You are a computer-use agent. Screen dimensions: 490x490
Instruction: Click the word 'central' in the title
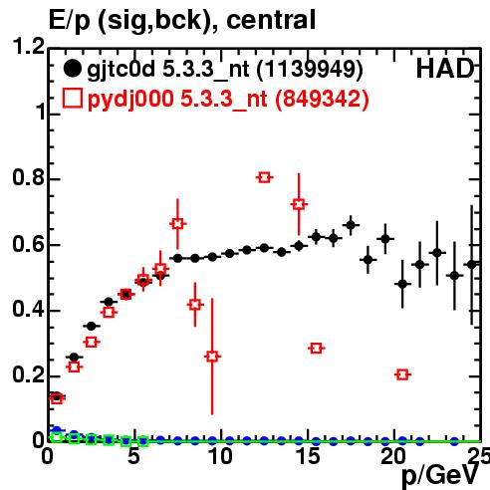click(x=271, y=20)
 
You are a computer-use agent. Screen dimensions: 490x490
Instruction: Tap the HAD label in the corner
click(x=445, y=69)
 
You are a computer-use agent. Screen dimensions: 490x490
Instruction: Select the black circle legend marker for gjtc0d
click(x=72, y=69)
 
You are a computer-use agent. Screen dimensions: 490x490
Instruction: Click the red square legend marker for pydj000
click(x=72, y=98)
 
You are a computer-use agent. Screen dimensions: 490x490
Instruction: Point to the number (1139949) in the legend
click(x=310, y=70)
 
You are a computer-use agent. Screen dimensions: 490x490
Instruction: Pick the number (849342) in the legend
click(x=322, y=99)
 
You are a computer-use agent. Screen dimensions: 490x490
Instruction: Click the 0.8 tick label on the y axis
click(x=29, y=178)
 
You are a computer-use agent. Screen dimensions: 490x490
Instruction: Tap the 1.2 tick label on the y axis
click(x=29, y=47)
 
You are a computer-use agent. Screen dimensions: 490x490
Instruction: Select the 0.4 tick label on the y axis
click(x=29, y=310)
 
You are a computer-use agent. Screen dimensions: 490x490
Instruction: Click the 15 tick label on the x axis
click(x=308, y=456)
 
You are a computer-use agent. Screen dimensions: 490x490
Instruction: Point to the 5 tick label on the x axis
click(x=134, y=456)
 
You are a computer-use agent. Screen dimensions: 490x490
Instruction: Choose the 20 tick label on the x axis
click(x=393, y=456)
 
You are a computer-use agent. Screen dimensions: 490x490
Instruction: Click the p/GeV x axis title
click(x=440, y=475)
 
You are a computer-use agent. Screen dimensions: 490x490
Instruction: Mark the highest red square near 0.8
click(x=264, y=177)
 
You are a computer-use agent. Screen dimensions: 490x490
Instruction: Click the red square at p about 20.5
click(x=402, y=374)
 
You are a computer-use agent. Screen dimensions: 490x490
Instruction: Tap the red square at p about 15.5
click(x=316, y=349)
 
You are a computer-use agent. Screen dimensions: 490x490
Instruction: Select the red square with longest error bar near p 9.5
click(x=212, y=357)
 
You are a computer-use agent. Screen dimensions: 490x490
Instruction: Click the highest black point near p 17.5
click(x=351, y=225)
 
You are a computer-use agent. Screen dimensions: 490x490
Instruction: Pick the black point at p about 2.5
click(x=92, y=327)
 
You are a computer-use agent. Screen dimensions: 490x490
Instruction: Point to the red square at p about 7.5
click(x=178, y=224)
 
